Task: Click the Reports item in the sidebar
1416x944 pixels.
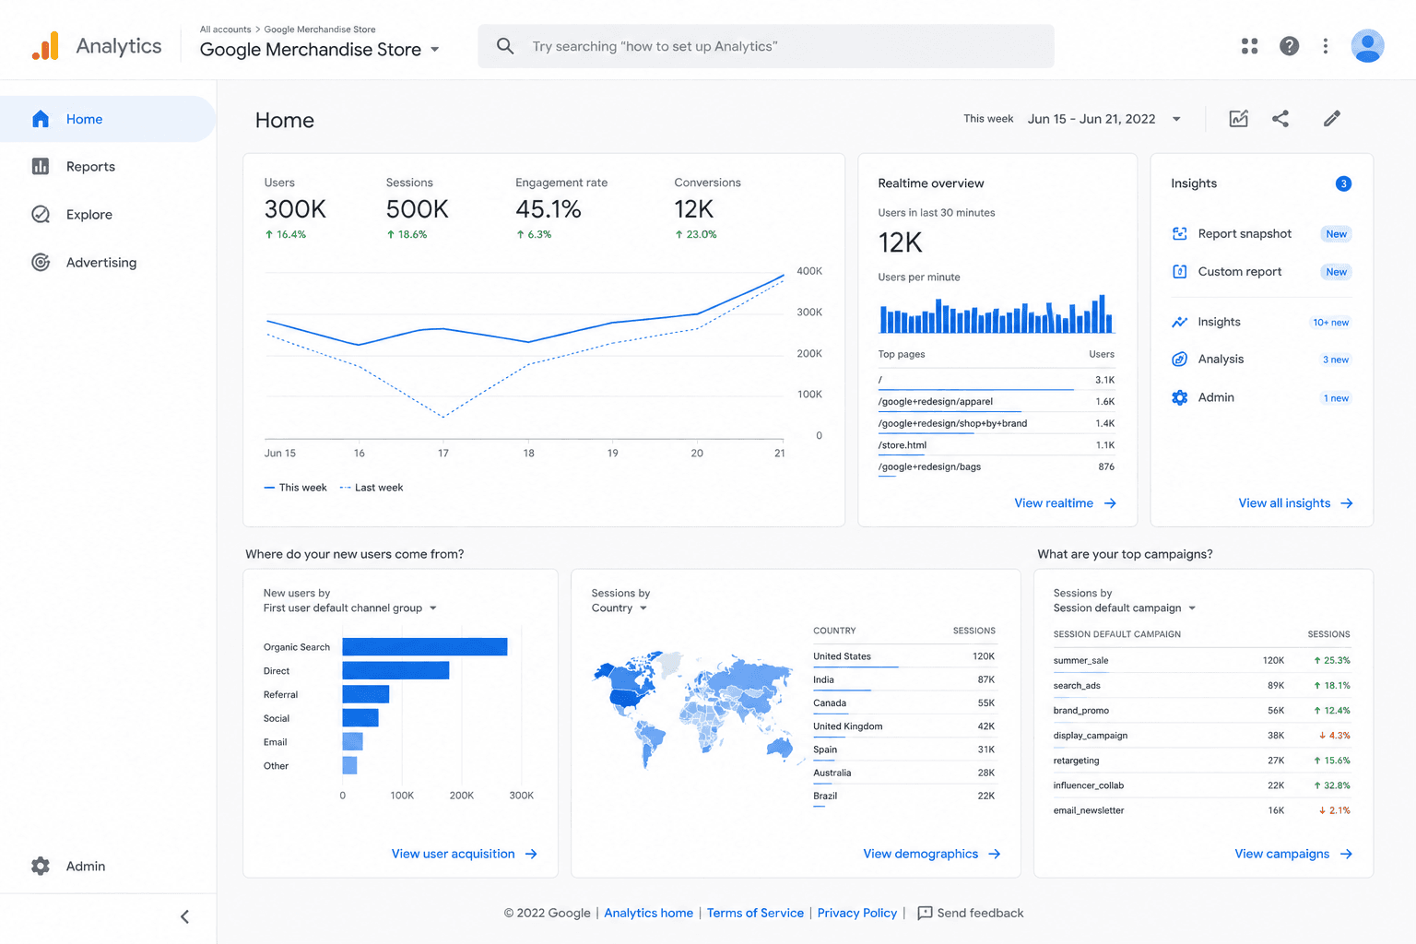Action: pyautogui.click(x=73, y=166)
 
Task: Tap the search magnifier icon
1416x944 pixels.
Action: pyautogui.click(x=504, y=46)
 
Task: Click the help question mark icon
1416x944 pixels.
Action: pyautogui.click(x=1289, y=46)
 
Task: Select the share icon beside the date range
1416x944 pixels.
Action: pyautogui.click(x=1280, y=119)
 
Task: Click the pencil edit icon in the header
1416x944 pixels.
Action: pyautogui.click(x=1332, y=119)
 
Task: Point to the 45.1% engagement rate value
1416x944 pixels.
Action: pyautogui.click(x=549, y=209)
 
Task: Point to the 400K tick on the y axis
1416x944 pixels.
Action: pyautogui.click(x=809, y=271)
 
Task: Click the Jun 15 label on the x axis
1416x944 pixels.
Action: pyautogui.click(x=280, y=454)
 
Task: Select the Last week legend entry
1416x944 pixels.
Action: pyautogui.click(x=372, y=488)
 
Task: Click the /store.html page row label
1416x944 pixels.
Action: pyautogui.click(x=903, y=445)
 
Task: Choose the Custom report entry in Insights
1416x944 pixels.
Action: pyautogui.click(x=1239, y=272)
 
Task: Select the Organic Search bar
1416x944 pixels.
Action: pyautogui.click(x=425, y=647)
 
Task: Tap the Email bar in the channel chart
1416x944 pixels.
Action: pyautogui.click(x=353, y=742)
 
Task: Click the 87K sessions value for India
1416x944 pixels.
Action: pyautogui.click(x=985, y=679)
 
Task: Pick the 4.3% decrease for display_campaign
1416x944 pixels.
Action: pyautogui.click(x=1335, y=736)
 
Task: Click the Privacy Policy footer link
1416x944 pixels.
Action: pyautogui.click(x=856, y=913)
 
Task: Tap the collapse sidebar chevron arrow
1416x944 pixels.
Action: pyautogui.click(x=184, y=917)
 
